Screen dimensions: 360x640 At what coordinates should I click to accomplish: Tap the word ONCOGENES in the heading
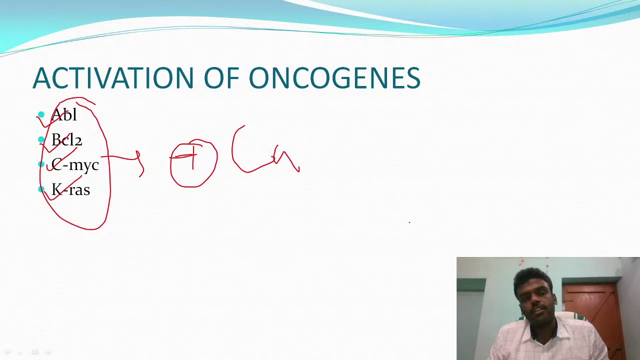click(334, 78)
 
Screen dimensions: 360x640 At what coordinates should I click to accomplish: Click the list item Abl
click(64, 115)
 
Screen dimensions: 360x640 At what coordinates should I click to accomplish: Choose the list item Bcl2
click(66, 140)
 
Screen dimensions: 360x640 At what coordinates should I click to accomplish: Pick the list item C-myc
click(75, 165)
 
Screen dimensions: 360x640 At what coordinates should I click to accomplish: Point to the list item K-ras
click(70, 190)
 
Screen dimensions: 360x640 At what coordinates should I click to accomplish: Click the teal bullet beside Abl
click(41, 115)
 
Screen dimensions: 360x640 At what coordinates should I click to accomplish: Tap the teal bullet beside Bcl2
click(41, 140)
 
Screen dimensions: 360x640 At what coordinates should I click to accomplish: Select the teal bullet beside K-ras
click(41, 189)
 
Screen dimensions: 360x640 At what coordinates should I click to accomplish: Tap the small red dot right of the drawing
click(409, 222)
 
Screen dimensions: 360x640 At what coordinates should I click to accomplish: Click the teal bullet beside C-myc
click(41, 164)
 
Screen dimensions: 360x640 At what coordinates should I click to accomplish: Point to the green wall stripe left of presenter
click(470, 285)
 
